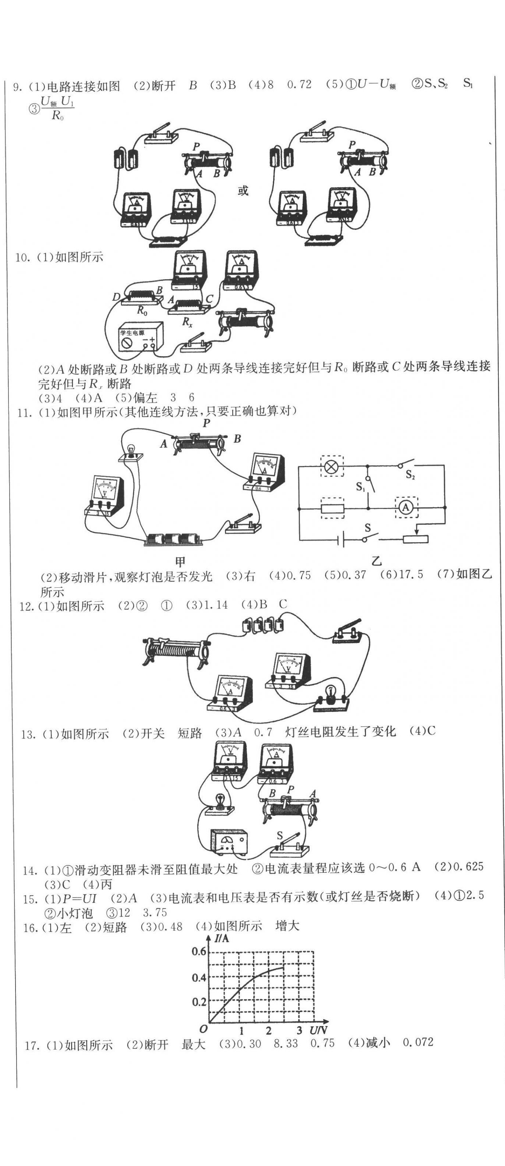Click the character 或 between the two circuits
pos(243,190)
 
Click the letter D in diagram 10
pos(116,297)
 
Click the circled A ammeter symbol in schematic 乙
pos(405,508)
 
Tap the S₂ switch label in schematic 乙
pos(410,475)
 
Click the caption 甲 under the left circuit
pos(180,562)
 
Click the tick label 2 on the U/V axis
pos(269,1018)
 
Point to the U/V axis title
pos(319,1018)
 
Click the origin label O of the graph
pos(203,1016)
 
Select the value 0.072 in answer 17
pos(418,1042)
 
